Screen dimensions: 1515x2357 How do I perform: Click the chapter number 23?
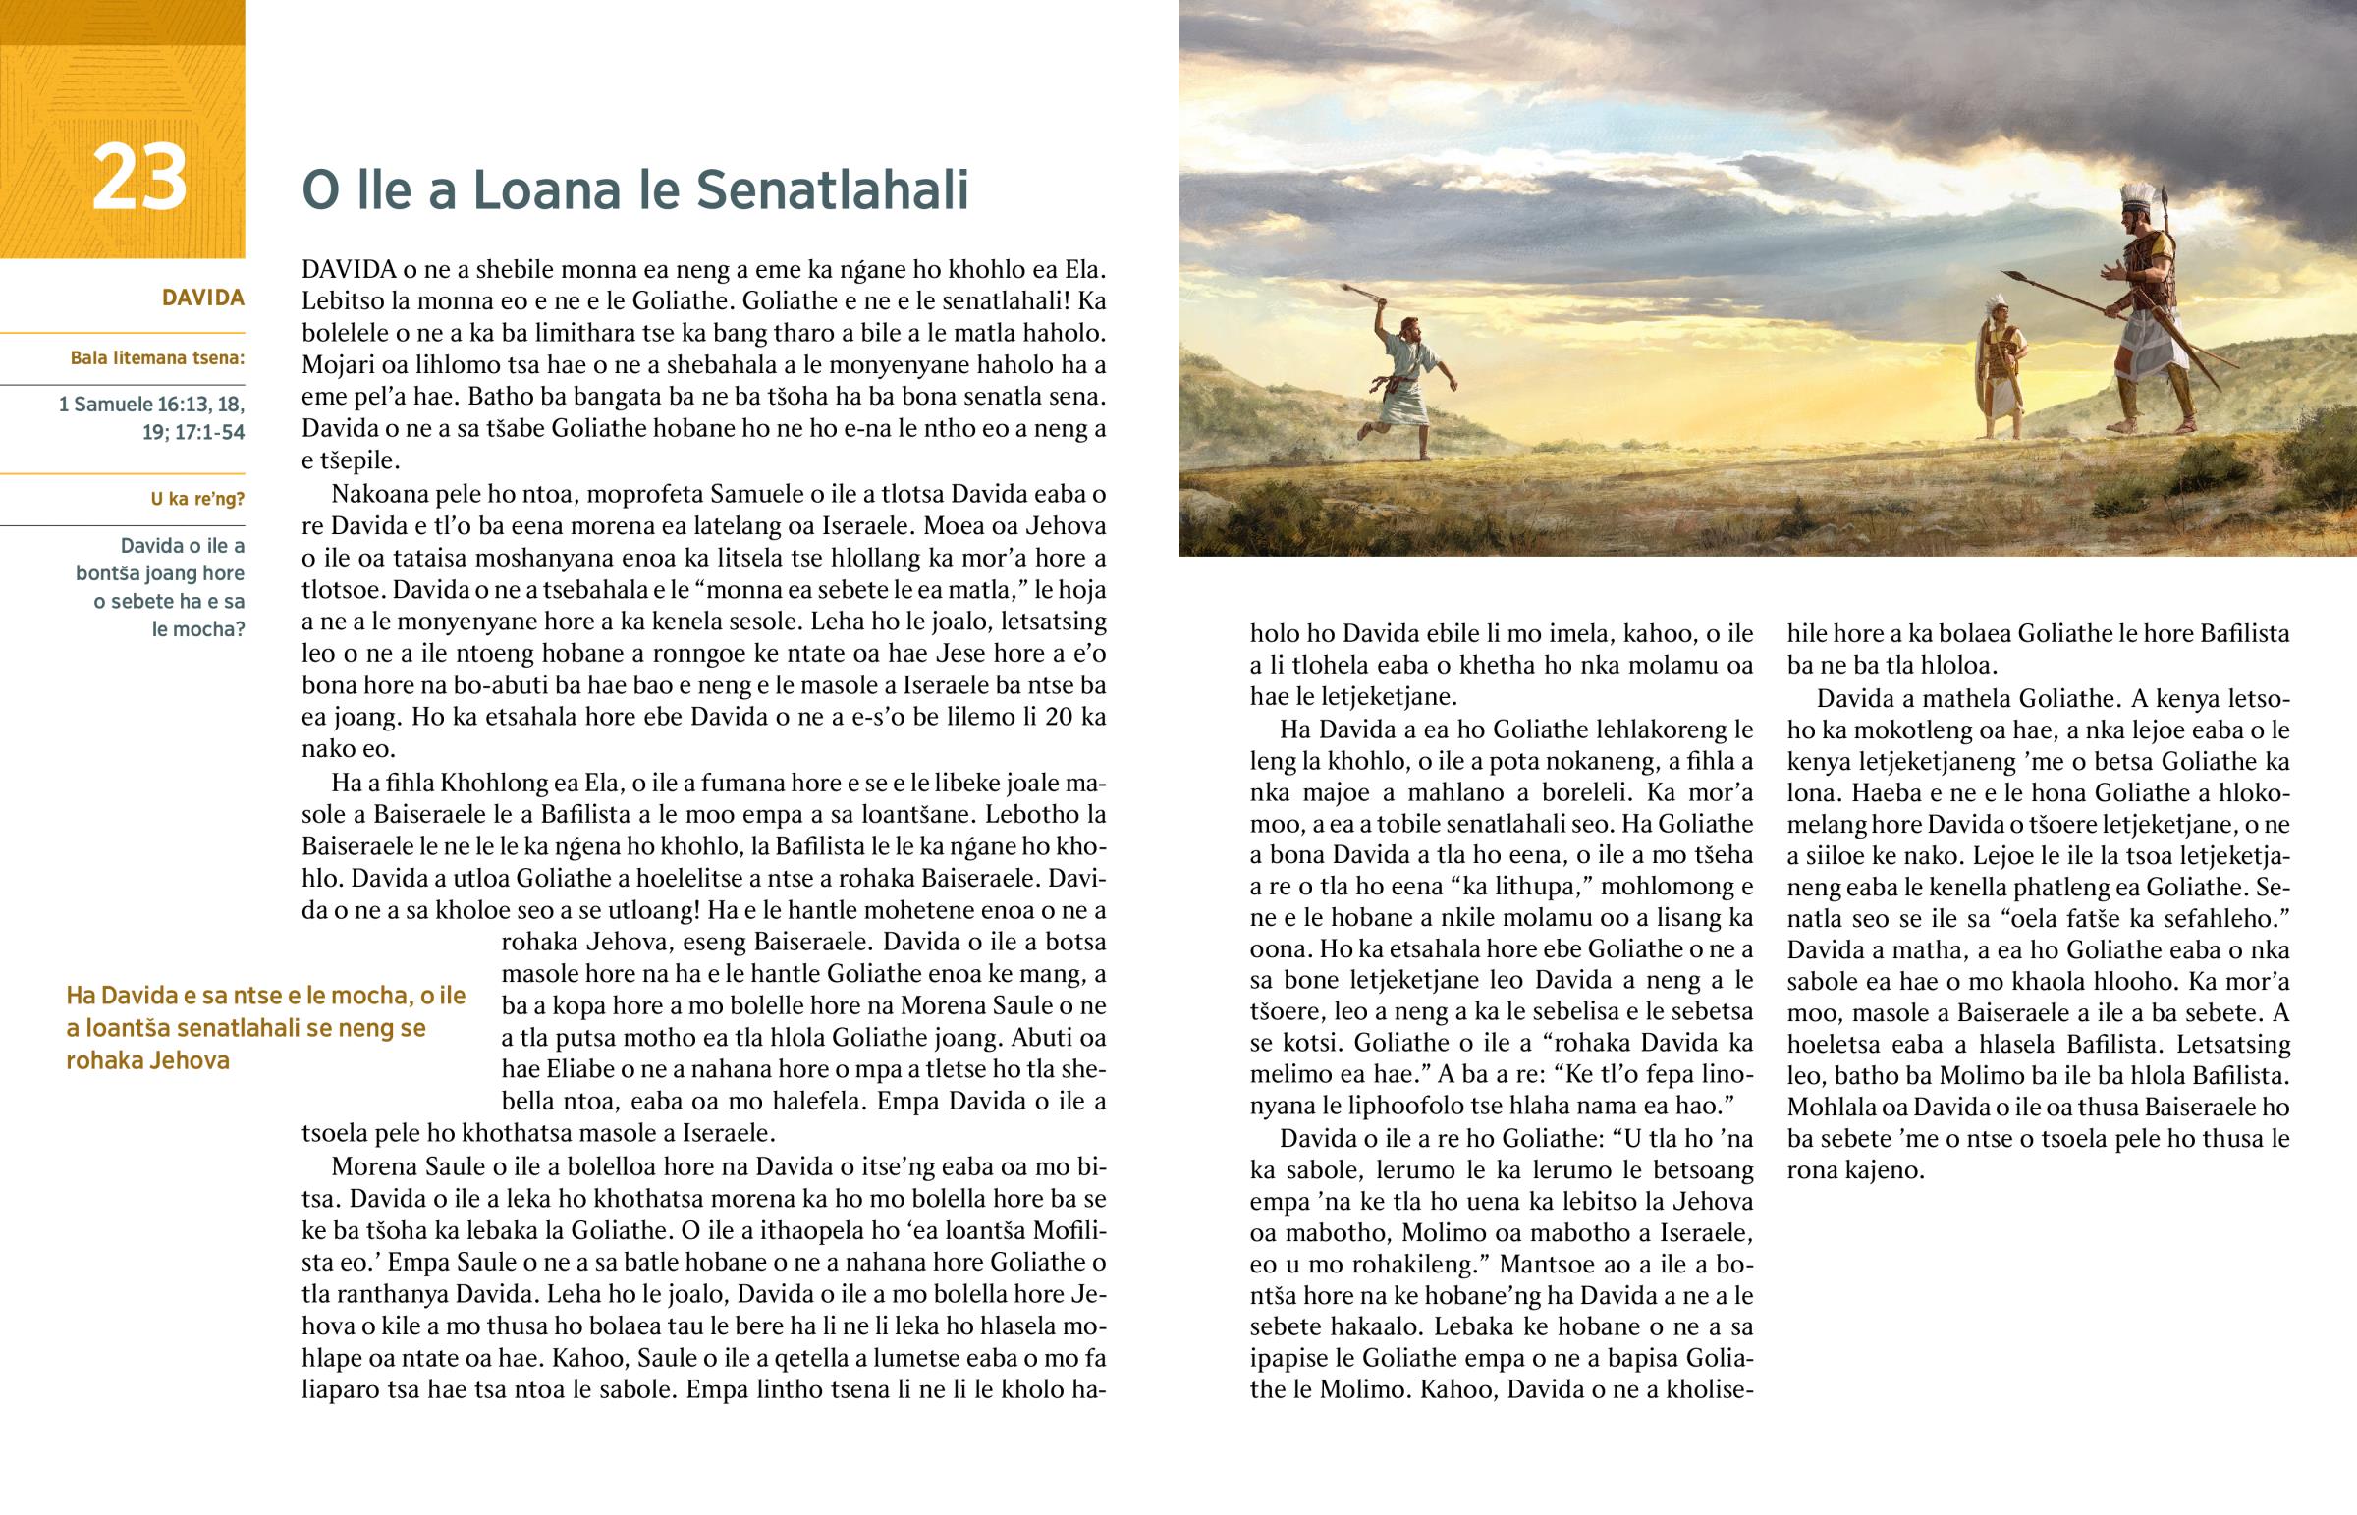[x=138, y=178]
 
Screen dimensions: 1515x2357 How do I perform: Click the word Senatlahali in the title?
[x=832, y=189]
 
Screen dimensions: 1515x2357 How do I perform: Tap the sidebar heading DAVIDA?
[x=202, y=298]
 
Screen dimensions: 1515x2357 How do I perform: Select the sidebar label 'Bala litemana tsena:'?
[x=157, y=358]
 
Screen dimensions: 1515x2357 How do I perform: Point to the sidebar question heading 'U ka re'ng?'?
[x=196, y=499]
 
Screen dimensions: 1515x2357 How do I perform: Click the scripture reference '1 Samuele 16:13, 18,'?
[x=151, y=405]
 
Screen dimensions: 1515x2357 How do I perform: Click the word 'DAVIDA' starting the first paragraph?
[x=349, y=270]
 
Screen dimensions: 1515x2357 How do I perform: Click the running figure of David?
[x=1405, y=384]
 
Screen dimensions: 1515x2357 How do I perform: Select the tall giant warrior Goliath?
[x=2153, y=315]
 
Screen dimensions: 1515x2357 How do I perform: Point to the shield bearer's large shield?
[x=1984, y=369]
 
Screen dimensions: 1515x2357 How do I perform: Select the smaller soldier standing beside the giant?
[x=2001, y=369]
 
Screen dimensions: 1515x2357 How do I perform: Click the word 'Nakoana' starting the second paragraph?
[x=374, y=494]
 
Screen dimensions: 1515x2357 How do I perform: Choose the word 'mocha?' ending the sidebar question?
[x=197, y=628]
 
